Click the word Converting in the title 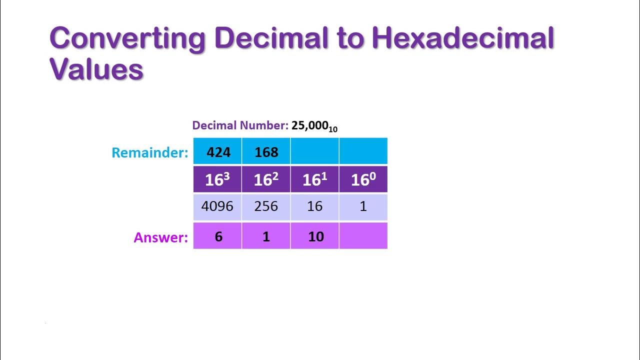[x=127, y=39]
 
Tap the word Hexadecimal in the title [x=463, y=39]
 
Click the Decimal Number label [x=240, y=125]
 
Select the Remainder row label [x=149, y=152]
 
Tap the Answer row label [x=160, y=237]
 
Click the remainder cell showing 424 [x=218, y=151]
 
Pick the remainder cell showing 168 [x=266, y=151]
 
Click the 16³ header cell [x=218, y=179]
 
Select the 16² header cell [x=266, y=179]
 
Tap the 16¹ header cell [x=314, y=179]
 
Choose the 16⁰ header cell [x=363, y=179]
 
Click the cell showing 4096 [x=218, y=206]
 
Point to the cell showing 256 [x=266, y=206]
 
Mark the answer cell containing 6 [x=218, y=236]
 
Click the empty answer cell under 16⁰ [x=363, y=236]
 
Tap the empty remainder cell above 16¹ [x=314, y=151]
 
